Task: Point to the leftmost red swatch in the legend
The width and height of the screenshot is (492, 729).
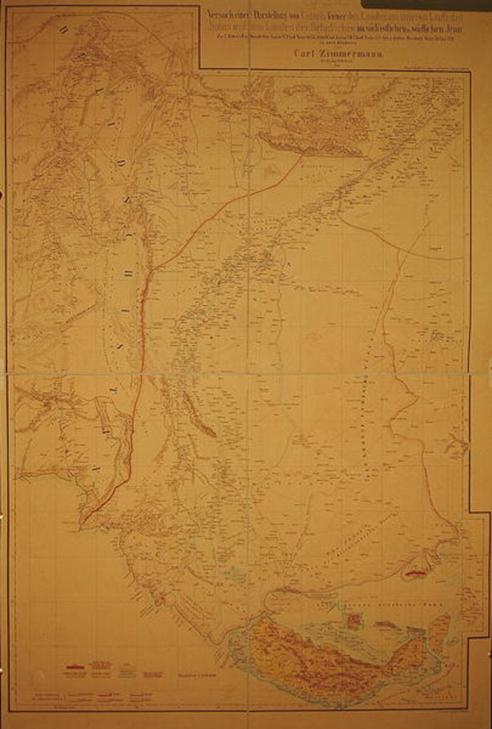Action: coord(75,669)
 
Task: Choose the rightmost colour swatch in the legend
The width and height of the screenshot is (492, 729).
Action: coord(150,670)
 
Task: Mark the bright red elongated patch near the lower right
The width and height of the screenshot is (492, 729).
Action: coord(415,571)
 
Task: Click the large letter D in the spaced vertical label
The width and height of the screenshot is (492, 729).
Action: coord(122,163)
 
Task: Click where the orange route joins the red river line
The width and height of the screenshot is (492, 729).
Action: coord(150,268)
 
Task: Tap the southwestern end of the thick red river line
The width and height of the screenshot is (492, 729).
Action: coord(80,523)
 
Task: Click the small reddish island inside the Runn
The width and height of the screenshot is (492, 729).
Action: coord(353,619)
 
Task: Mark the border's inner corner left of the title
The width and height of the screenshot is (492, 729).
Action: coord(199,68)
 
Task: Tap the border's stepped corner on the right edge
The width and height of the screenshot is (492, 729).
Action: coord(470,512)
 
